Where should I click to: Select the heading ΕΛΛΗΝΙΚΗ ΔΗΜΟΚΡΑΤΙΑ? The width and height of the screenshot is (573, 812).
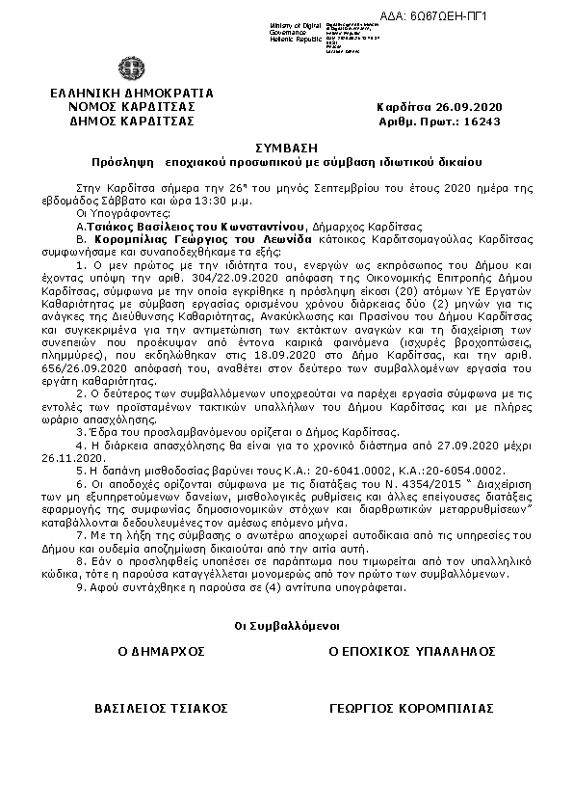tap(133, 93)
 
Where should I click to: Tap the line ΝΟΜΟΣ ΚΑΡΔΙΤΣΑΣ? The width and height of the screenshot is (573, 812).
tap(133, 106)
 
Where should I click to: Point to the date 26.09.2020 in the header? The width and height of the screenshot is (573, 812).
tap(466, 106)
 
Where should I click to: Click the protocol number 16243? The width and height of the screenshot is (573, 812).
tap(483, 122)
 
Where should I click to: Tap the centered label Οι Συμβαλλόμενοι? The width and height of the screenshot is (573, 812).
tap(286, 627)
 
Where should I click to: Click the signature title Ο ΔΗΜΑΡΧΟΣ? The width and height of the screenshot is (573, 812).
tap(162, 651)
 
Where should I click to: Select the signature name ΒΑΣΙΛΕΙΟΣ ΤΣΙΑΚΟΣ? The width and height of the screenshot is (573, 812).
tap(161, 709)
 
